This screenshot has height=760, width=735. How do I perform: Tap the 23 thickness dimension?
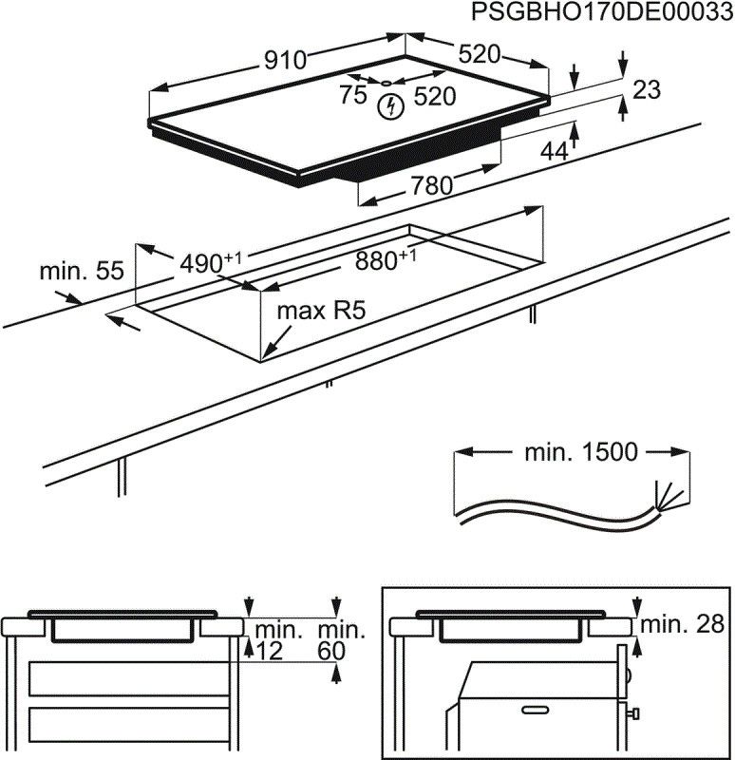pyautogui.click(x=646, y=90)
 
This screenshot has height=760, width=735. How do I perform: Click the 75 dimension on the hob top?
pyautogui.click(x=353, y=95)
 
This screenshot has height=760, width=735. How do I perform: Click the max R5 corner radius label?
pyautogui.click(x=321, y=311)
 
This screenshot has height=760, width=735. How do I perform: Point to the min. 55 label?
pyautogui.click(x=82, y=271)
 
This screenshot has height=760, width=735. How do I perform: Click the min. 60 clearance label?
pyautogui.click(x=340, y=639)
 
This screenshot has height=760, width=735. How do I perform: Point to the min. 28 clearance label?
pyautogui.click(x=682, y=624)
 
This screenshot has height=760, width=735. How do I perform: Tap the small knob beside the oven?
pyautogui.click(x=634, y=711)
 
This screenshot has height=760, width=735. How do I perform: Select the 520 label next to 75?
pyautogui.click(x=434, y=95)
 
